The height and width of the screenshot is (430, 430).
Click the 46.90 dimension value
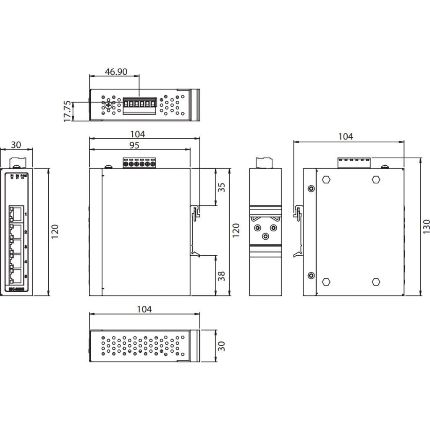coord(116,71)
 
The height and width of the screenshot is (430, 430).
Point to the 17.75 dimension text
coord(67,111)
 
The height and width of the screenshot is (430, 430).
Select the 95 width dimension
coord(134,145)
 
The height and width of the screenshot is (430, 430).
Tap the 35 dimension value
coord(222,187)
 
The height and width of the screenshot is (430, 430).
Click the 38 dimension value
coord(222,275)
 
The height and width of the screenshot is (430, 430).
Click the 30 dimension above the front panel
coord(16,145)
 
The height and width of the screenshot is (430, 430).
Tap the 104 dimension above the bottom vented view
coord(144,309)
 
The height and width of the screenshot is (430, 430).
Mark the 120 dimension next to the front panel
coord(55,231)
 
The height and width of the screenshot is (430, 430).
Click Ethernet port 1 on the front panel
coord(16,214)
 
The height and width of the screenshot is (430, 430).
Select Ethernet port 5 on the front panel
coord(16,276)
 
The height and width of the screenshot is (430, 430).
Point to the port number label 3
coord(26,247)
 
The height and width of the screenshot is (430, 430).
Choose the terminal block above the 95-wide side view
coord(139,163)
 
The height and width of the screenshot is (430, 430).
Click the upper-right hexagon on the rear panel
coord(376,180)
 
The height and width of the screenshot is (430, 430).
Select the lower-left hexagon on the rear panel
coord(325,282)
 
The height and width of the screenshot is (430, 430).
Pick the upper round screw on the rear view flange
coord(311,189)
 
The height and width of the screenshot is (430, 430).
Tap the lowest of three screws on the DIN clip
coord(265,236)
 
